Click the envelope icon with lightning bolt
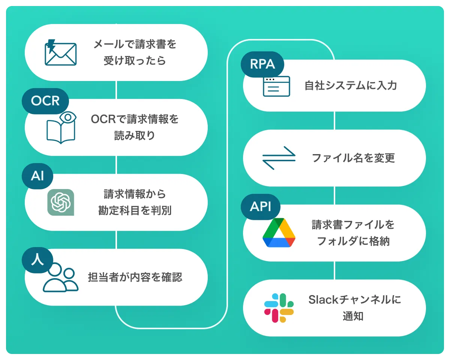pyautogui.click(x=60, y=52)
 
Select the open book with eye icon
pyautogui.click(x=61, y=127)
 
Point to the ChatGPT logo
pyautogui.click(x=61, y=202)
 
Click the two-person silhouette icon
pyautogui.click(x=60, y=278)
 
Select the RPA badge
pyautogui.click(x=262, y=64)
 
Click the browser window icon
pyautogui.click(x=276, y=86)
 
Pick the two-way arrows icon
pyautogui.click(x=279, y=158)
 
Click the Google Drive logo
pyautogui.click(x=279, y=232)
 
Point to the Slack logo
pyautogui.click(x=279, y=308)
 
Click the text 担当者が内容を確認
pyautogui.click(x=135, y=277)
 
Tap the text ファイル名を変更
pyautogui.click(x=353, y=158)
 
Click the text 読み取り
pyautogui.click(x=135, y=135)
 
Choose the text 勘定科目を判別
pyautogui.click(x=135, y=210)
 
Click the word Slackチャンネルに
pyautogui.click(x=354, y=300)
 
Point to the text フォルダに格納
pyautogui.click(x=353, y=241)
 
